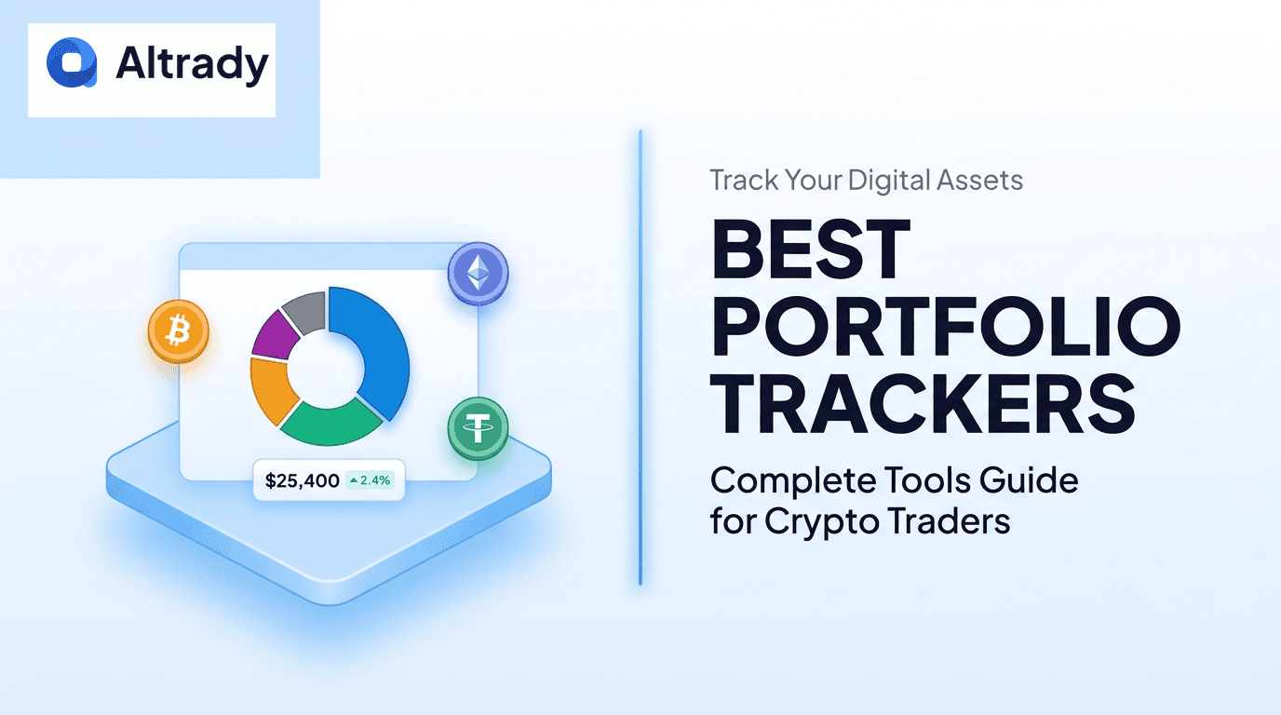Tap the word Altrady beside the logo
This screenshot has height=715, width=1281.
click(192, 64)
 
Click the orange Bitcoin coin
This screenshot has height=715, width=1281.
click(178, 331)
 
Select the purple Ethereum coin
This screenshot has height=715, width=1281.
click(479, 273)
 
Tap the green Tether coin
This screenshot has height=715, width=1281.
click(479, 428)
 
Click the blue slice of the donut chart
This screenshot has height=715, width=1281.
click(373, 344)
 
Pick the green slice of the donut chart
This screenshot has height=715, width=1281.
click(331, 423)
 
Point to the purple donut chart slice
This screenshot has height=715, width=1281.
click(275, 333)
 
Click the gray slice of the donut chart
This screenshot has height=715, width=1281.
click(305, 309)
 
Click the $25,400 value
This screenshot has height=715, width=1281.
click(302, 481)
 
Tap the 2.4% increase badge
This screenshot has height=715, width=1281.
click(370, 481)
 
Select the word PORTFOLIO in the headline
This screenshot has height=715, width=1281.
click(946, 328)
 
